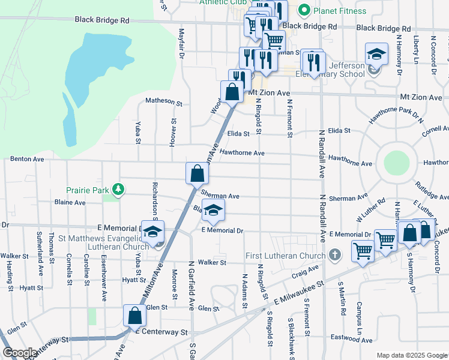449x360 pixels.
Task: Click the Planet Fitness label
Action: point(339,11)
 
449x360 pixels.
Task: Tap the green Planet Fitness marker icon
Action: point(304,10)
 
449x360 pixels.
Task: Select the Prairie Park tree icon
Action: point(119,190)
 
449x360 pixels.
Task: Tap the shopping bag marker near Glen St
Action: point(135,315)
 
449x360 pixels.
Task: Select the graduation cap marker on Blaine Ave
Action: point(213,211)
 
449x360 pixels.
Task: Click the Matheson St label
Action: point(164,101)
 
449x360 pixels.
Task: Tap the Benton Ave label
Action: point(27,160)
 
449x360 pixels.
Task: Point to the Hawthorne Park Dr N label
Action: point(392,112)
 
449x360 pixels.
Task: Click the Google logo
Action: point(20,353)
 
